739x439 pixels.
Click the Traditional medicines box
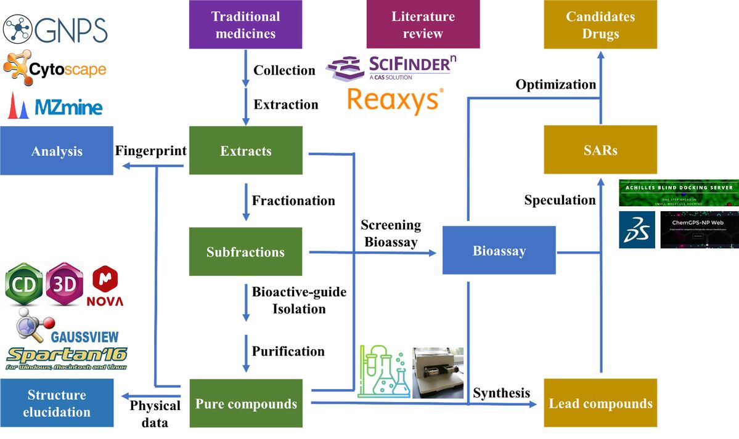pos(245,25)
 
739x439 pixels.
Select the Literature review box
pos(423,25)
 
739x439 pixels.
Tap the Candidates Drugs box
pos(600,25)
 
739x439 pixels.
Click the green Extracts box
pos(245,151)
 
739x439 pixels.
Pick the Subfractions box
pos(245,252)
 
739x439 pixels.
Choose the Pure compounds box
pos(245,404)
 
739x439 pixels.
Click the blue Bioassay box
pos(499,251)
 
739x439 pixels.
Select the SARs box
pos(600,150)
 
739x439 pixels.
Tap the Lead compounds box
pos(600,403)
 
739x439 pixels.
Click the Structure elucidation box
pos(57,403)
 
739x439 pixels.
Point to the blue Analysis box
pos(57,151)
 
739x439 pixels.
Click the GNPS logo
pos(55,30)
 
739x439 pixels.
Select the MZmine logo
pos(55,107)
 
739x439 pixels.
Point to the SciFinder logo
pos(392,66)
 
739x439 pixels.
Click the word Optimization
pos(556,84)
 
